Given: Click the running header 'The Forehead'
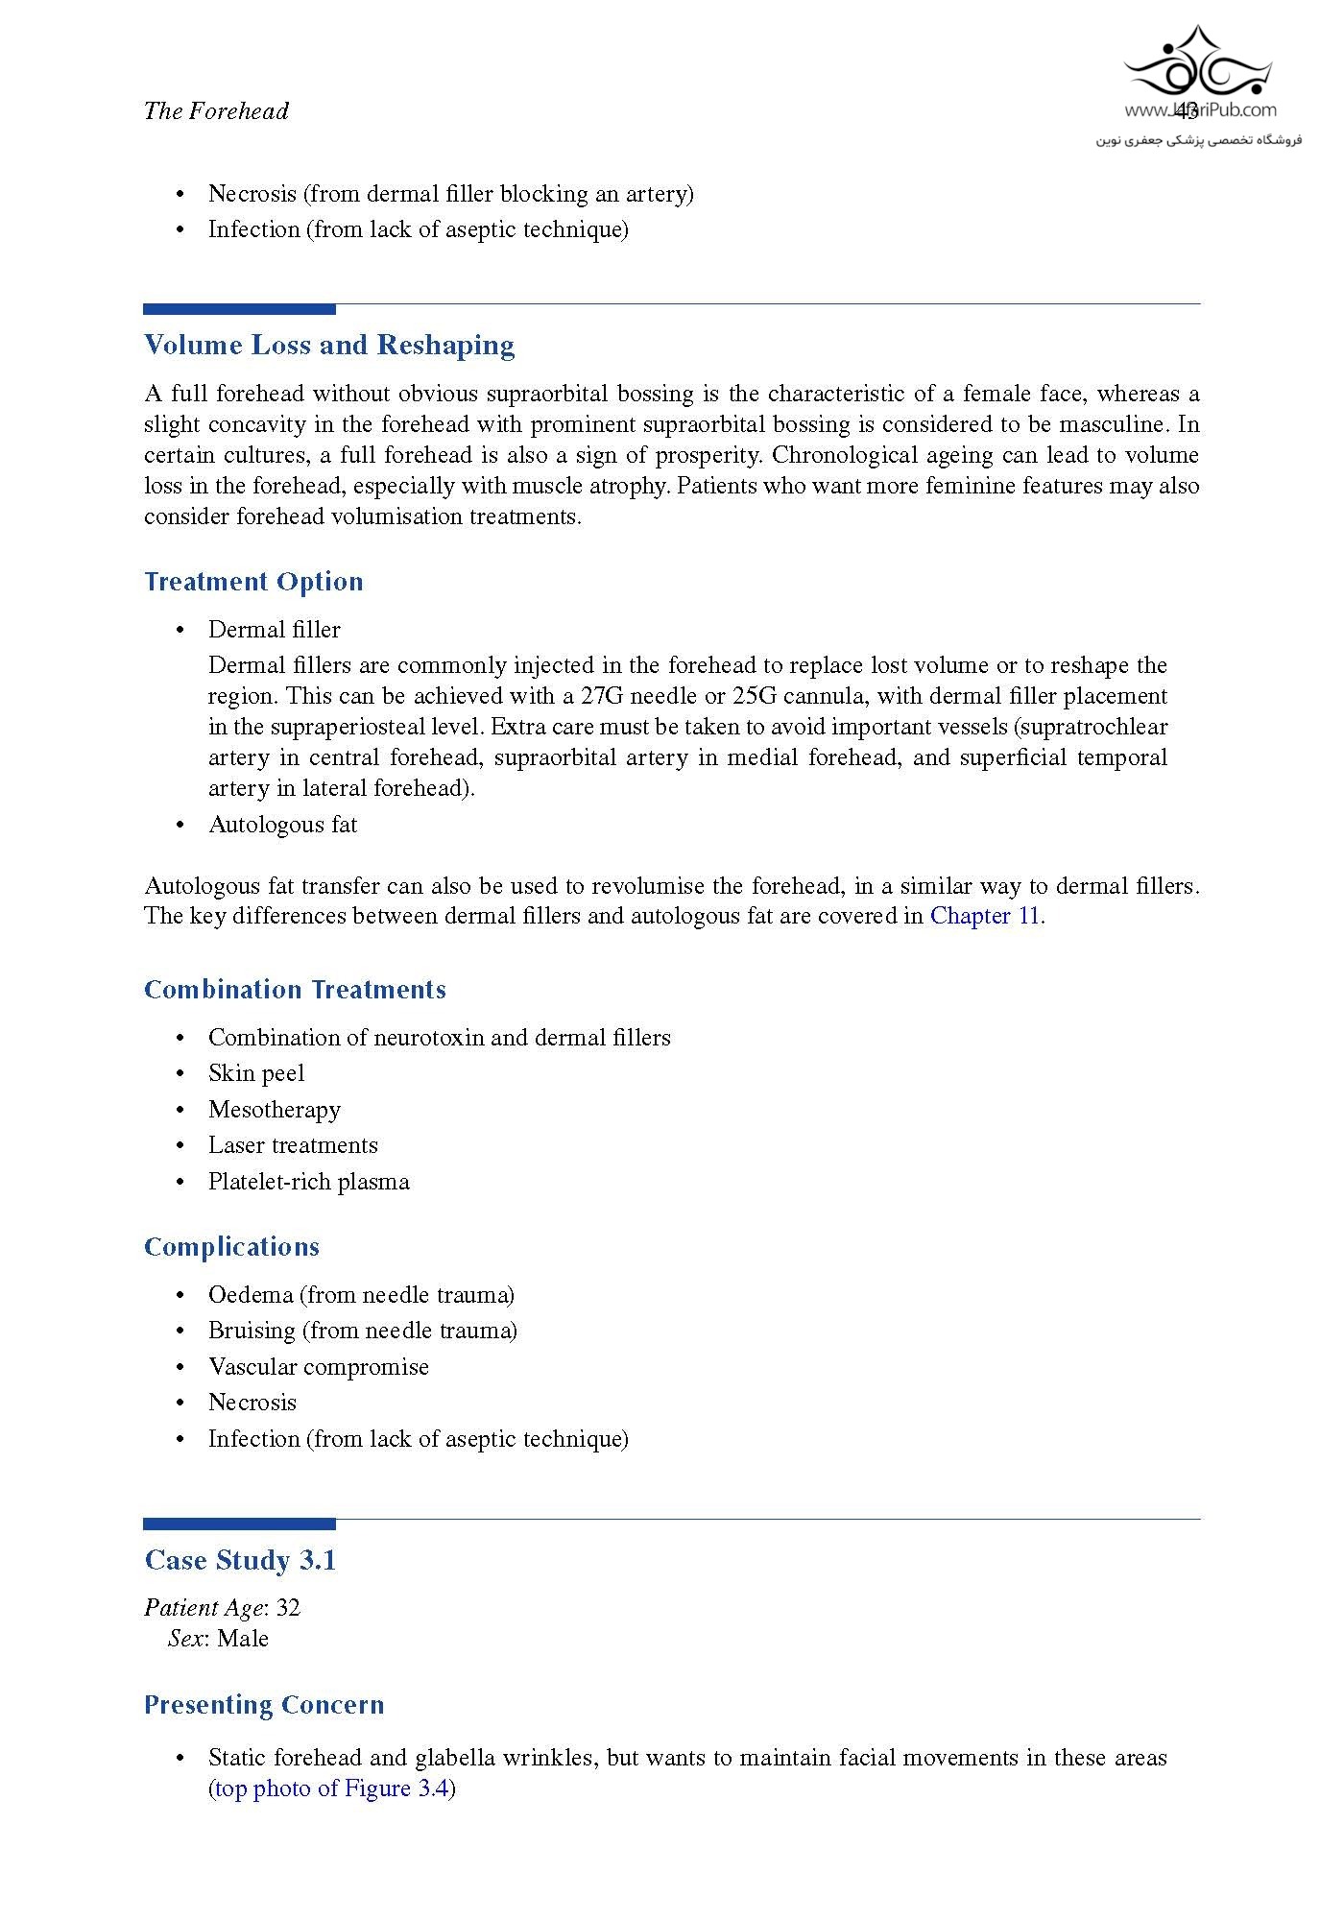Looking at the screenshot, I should click(x=216, y=111).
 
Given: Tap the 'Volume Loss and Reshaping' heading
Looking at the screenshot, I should click(x=329, y=346).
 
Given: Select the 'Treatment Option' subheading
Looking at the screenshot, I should click(x=253, y=582).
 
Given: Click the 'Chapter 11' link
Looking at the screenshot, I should click(x=985, y=916).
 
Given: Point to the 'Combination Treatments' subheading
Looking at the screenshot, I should click(x=295, y=990).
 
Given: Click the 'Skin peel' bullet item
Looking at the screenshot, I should click(x=256, y=1073).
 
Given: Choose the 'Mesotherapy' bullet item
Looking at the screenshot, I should click(x=275, y=1110).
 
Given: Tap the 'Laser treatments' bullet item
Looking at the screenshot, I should click(x=293, y=1145).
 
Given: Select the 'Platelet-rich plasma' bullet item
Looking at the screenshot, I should click(x=309, y=1182).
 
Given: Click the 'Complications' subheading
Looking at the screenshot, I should click(x=231, y=1247).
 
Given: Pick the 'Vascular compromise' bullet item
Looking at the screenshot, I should click(x=319, y=1367).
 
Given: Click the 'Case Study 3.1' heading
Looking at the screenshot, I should click(x=240, y=1561).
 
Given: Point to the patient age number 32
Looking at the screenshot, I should click(x=288, y=1608).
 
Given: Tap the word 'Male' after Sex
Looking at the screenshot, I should click(x=243, y=1639).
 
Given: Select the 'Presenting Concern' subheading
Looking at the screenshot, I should click(x=264, y=1706).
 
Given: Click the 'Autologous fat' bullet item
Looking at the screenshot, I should click(x=282, y=825).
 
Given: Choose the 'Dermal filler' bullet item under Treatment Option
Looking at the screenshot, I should click(x=275, y=630).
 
